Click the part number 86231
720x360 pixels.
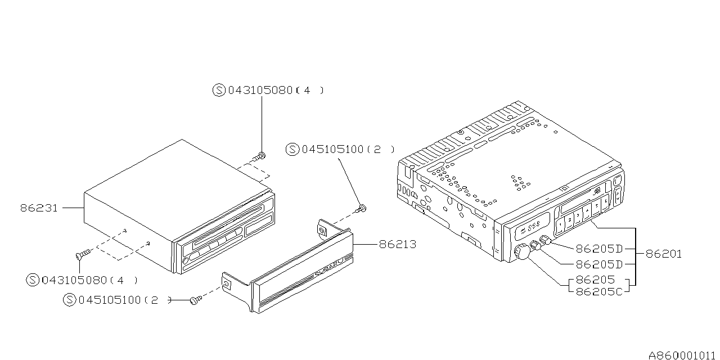click(39, 208)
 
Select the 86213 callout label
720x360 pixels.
click(398, 245)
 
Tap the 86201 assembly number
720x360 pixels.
click(663, 254)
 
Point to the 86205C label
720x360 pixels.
click(599, 291)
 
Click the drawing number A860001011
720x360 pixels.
click(683, 355)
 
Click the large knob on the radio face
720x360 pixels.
click(522, 251)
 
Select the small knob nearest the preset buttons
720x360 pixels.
click(545, 240)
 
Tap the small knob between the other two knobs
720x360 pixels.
click(535, 245)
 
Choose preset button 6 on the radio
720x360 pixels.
click(606, 202)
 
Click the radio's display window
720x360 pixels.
click(530, 227)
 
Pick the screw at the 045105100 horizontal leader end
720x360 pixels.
click(196, 300)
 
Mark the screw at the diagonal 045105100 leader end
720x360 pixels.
click(361, 209)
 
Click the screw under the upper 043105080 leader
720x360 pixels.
click(260, 157)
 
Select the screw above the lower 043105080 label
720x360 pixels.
click(83, 254)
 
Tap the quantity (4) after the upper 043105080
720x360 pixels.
click(309, 91)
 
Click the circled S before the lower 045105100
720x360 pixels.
click(69, 300)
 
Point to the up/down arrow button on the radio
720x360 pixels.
click(618, 195)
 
